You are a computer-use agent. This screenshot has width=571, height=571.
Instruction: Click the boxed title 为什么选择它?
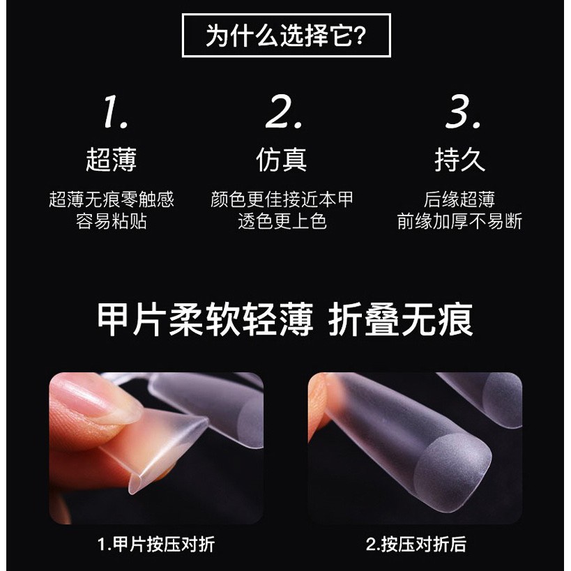pos(286,36)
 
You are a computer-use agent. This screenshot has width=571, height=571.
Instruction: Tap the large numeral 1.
pos(116,112)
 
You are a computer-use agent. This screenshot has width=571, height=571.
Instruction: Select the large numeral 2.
pos(284,112)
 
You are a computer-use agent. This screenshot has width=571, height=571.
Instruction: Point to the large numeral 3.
pos(462,112)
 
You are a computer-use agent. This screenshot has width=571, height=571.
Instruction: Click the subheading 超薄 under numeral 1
pos(112,160)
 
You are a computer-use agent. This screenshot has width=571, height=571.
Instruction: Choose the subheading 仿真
pos(282,160)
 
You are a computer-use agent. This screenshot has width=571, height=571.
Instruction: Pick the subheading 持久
pos(460,160)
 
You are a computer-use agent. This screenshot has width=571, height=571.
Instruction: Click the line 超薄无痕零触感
pos(112,199)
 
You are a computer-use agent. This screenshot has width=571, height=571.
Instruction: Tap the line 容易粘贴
pos(112,221)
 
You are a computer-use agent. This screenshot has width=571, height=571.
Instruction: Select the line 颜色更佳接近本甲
pos(282,199)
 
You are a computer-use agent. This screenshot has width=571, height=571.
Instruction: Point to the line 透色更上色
pos(282,221)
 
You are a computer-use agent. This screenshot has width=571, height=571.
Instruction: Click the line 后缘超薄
pos(459,199)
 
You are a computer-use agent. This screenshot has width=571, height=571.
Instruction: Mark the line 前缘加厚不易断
pos(459,221)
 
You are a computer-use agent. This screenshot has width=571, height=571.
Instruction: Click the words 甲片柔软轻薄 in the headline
pos(205,320)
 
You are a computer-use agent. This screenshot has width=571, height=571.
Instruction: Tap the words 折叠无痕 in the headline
pos(401,320)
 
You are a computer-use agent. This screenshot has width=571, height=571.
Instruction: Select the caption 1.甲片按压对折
pos(156,545)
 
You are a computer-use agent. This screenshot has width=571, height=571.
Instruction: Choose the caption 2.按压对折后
pos(416,545)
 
